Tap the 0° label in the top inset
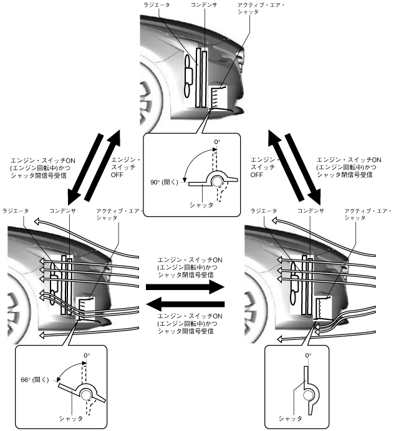click(217, 143)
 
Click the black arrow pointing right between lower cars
click(183, 287)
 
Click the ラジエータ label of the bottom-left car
click(16, 211)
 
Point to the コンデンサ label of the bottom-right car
click(311, 211)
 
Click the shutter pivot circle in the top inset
click(218, 182)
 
